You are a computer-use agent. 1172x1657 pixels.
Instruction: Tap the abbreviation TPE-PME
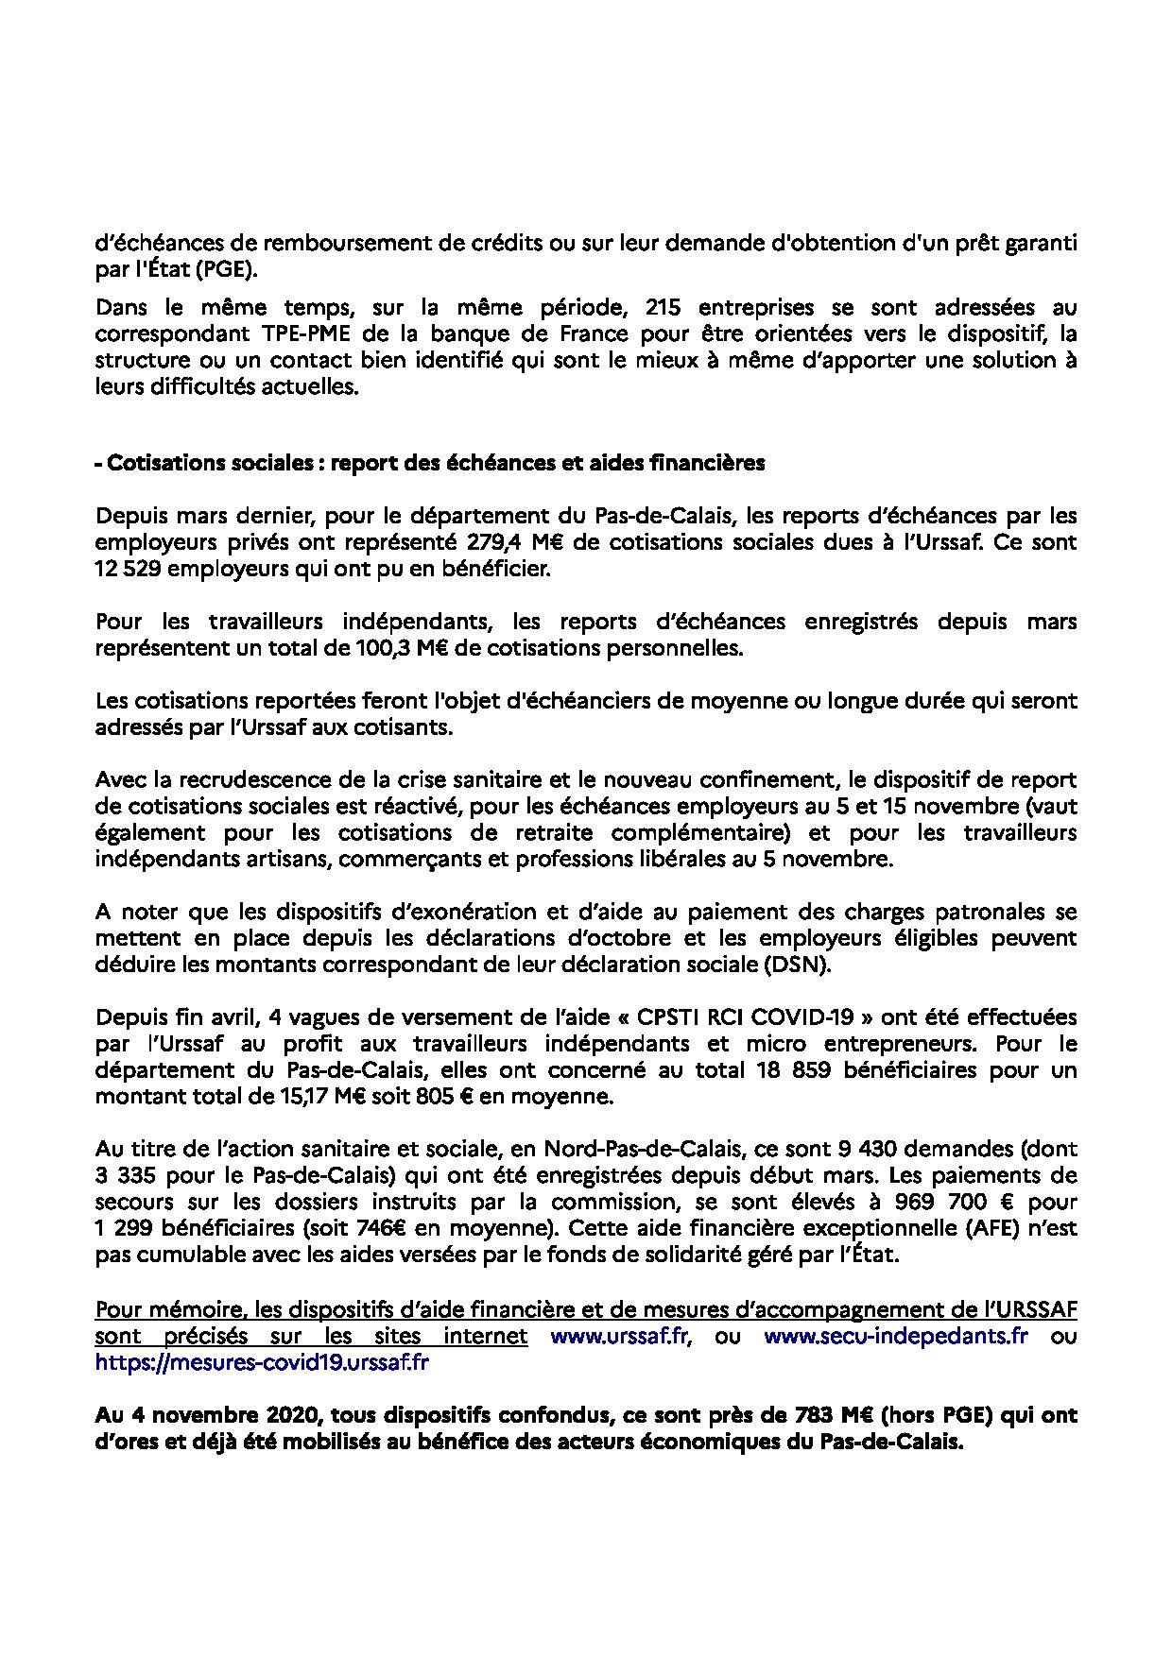coord(305,334)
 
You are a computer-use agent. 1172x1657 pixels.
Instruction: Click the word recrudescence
coord(248,781)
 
